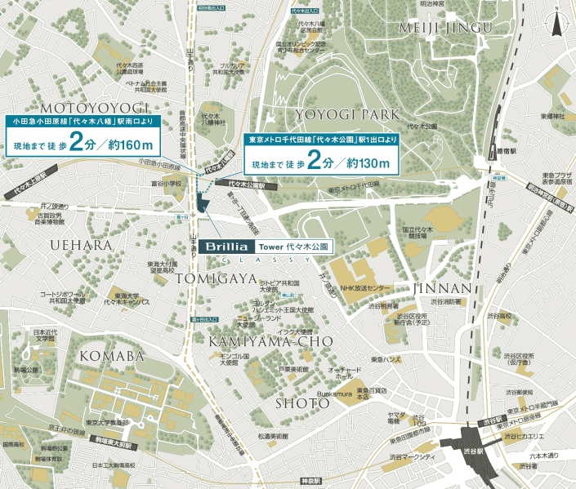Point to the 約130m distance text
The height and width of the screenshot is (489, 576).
pyautogui.click(x=373, y=164)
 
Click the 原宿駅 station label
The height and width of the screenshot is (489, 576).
pyautogui.click(x=507, y=151)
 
